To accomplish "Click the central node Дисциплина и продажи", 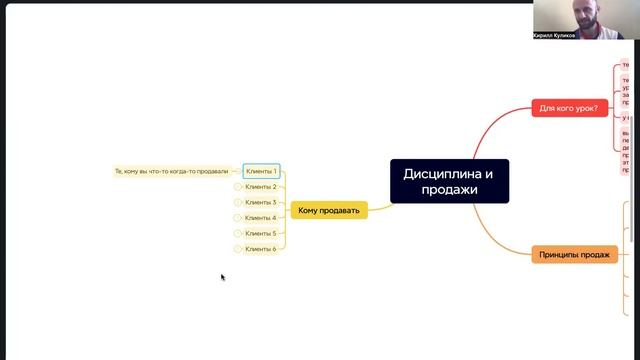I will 449,181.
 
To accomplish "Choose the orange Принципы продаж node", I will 574,254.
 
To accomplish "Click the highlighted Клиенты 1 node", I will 261,171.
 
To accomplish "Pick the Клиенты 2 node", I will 261,187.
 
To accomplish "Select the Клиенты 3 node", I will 261,202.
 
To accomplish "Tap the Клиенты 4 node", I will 261,218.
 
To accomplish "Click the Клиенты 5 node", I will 261,233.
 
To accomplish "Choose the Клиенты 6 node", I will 261,249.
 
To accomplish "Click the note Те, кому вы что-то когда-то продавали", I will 172,171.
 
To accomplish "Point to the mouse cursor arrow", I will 222,276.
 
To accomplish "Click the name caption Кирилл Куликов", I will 554,34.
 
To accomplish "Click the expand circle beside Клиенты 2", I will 238,187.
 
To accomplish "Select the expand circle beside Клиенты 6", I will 238,249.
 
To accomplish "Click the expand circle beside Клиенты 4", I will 238,218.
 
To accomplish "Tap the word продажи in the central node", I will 449,190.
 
